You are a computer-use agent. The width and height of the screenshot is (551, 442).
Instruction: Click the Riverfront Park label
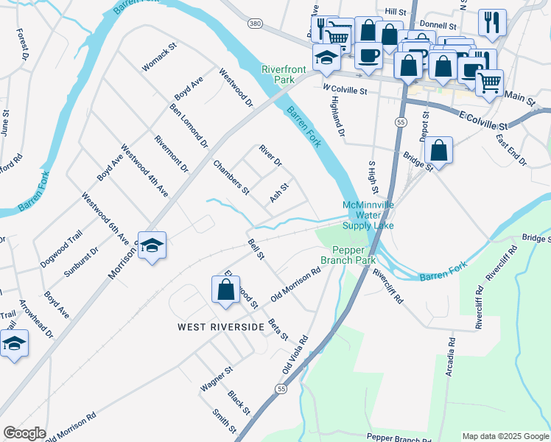(x=284, y=75)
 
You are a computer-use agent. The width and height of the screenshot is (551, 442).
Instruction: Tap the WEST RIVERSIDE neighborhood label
(x=220, y=326)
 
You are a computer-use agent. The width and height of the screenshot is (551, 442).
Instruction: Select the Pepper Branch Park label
(x=348, y=255)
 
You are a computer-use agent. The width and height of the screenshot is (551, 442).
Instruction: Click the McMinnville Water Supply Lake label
(x=368, y=215)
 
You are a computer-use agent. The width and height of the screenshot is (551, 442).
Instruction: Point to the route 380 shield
(x=255, y=24)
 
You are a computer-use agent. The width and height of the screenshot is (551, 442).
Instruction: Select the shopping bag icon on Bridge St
(x=438, y=151)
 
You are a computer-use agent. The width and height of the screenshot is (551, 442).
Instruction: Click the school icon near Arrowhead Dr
(x=14, y=343)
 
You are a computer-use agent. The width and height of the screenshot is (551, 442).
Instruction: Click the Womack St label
(x=160, y=57)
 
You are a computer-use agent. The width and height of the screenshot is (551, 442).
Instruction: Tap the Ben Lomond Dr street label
(x=189, y=125)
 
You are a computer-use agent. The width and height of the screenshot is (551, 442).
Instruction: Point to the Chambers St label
(x=231, y=178)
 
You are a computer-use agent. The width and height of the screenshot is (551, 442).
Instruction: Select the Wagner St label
(x=217, y=379)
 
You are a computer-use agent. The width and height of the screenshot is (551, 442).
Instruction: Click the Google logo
(x=24, y=433)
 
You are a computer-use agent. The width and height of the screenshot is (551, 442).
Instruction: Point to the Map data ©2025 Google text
(x=505, y=436)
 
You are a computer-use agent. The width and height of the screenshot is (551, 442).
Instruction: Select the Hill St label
(x=396, y=13)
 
